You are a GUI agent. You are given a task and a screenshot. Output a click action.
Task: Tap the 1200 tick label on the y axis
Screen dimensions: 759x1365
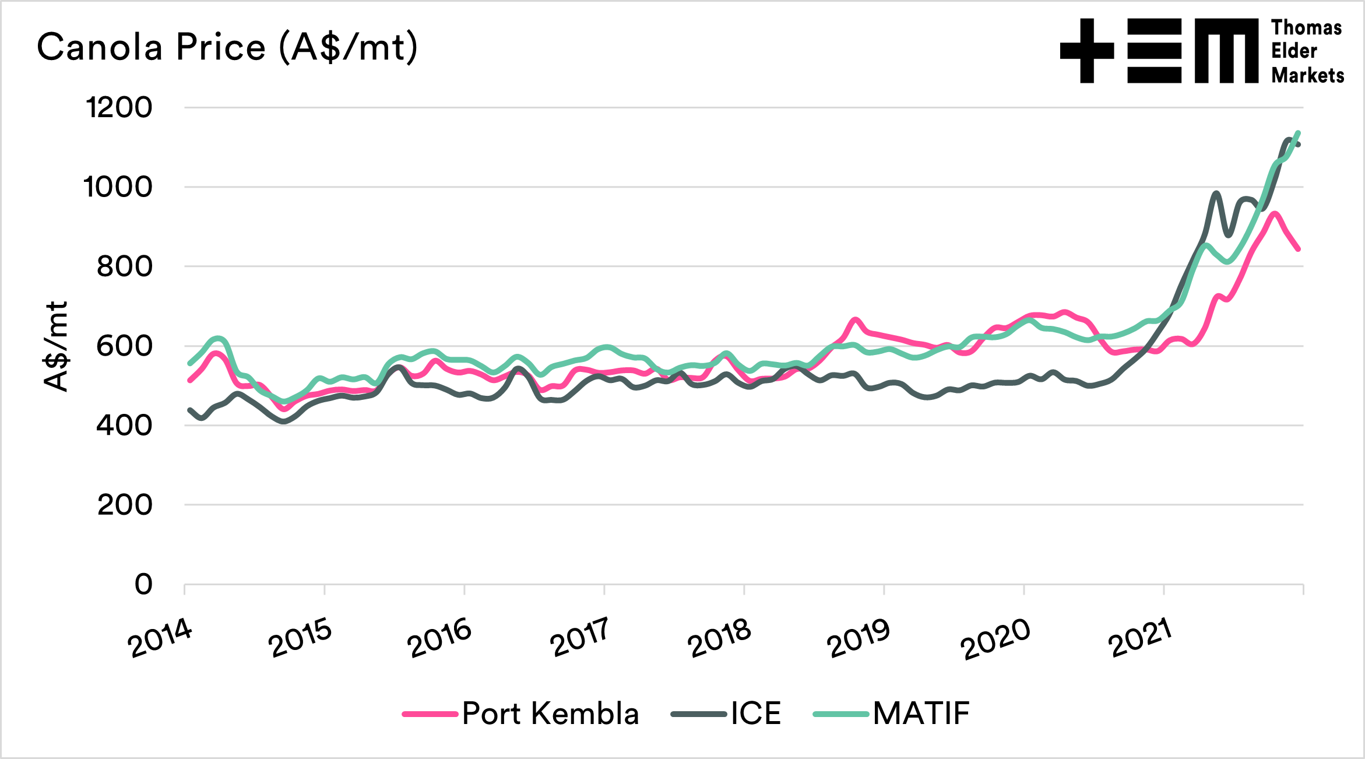click(x=119, y=108)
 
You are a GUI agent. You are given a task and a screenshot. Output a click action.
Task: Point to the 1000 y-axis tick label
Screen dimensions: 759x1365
click(x=118, y=187)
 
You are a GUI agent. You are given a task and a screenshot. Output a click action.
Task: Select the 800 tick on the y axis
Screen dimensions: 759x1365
click(x=124, y=267)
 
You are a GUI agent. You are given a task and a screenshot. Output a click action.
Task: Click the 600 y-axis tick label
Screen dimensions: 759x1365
click(x=124, y=346)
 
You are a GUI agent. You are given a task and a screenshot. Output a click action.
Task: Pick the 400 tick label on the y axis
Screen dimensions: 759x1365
click(x=124, y=426)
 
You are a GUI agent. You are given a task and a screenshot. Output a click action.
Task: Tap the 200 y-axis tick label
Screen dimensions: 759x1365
click(x=124, y=505)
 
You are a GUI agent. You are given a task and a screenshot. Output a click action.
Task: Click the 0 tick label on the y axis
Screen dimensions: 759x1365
click(x=143, y=584)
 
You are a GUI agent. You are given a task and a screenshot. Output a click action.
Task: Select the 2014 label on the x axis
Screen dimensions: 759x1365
click(x=160, y=638)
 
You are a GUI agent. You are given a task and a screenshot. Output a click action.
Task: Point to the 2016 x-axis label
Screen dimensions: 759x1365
click(x=439, y=638)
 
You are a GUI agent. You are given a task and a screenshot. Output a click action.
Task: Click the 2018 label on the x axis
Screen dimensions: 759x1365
click(x=719, y=638)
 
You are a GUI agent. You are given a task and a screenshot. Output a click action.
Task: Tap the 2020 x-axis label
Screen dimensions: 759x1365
click(x=995, y=639)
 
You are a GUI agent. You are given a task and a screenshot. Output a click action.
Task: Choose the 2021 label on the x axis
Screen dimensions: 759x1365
click(x=1140, y=638)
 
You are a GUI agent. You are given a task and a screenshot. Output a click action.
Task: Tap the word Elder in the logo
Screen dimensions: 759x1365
click(x=1294, y=51)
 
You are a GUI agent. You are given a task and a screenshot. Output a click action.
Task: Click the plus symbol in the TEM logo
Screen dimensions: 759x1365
click(x=1087, y=51)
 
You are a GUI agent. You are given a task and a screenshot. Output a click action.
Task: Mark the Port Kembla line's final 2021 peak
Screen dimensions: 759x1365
click(x=1275, y=213)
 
